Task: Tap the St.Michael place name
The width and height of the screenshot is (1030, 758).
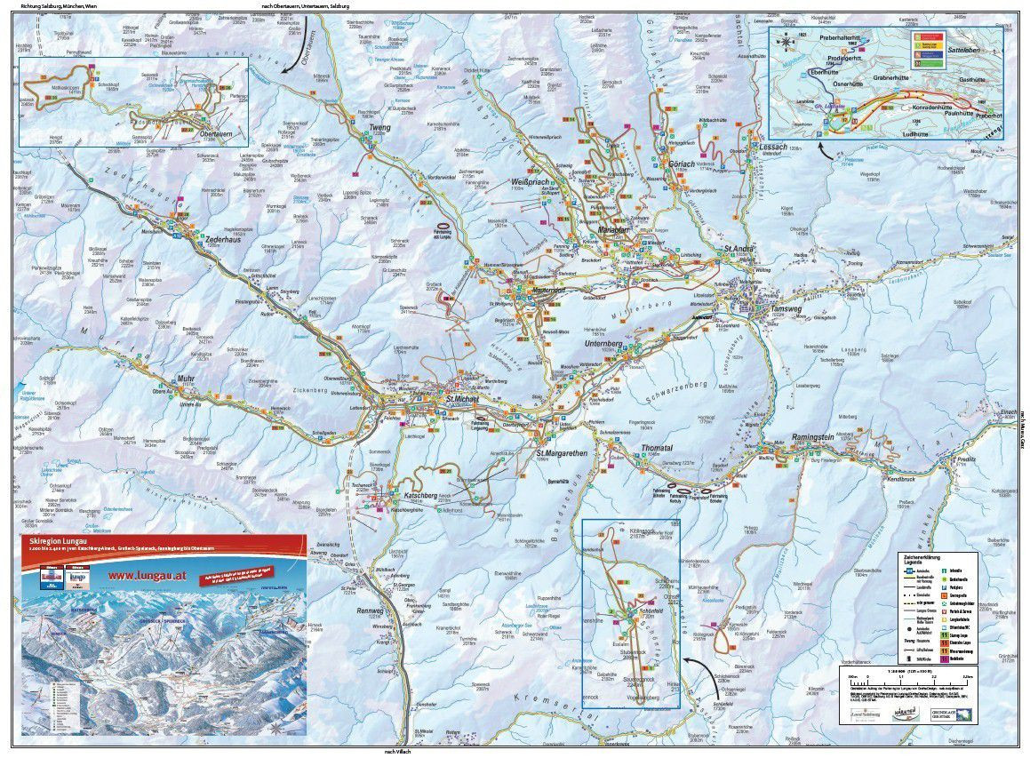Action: tap(462, 399)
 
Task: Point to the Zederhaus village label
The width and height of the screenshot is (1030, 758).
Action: tap(224, 240)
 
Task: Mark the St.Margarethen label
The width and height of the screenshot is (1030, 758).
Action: tap(562, 453)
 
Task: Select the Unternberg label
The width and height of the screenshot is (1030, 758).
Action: tap(606, 342)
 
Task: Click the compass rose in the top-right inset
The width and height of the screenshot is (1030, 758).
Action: tap(787, 41)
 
